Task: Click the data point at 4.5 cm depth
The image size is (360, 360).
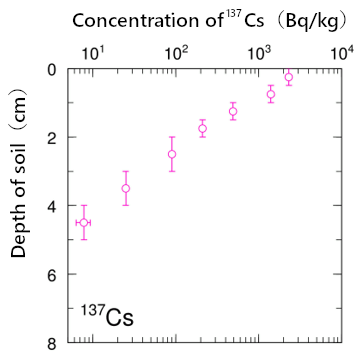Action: pos(84,222)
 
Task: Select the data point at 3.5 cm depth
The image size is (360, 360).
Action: pos(126,188)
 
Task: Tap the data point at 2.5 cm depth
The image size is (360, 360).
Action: pos(172,154)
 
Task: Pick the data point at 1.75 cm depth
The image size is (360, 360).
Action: pos(202,128)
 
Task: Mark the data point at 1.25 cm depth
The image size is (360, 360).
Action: pos(233,111)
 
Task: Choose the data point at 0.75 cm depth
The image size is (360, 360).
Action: pos(271,94)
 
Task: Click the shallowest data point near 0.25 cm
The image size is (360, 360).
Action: pos(289,77)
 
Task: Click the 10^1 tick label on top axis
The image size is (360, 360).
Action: pos(90,51)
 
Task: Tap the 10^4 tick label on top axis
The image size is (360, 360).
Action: pos(341,51)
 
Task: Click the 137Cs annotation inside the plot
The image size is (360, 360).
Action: pos(107,318)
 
